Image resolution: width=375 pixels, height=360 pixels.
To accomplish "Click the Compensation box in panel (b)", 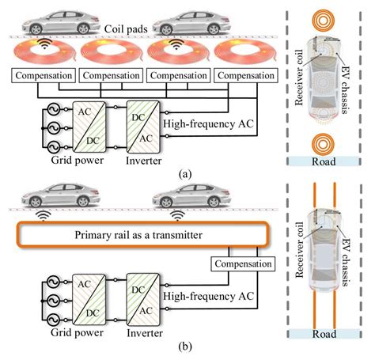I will (x=238, y=263).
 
